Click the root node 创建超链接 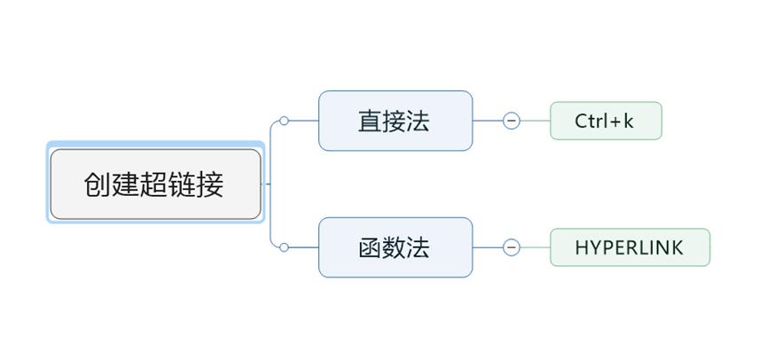click(155, 184)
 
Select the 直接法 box click(395, 121)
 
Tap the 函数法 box click(395, 247)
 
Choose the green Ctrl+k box click(606, 121)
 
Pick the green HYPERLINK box click(630, 247)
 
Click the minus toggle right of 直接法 click(512, 121)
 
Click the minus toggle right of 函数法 click(512, 247)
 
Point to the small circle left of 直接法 click(284, 121)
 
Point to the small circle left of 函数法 click(284, 247)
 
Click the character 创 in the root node click(98, 184)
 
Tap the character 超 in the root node click(154, 184)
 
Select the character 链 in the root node click(183, 184)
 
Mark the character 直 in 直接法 click(370, 121)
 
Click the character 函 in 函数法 click(370, 247)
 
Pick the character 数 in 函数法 click(394, 247)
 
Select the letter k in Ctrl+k click(629, 121)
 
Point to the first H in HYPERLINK click(582, 247)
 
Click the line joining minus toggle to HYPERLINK click(535, 247)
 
